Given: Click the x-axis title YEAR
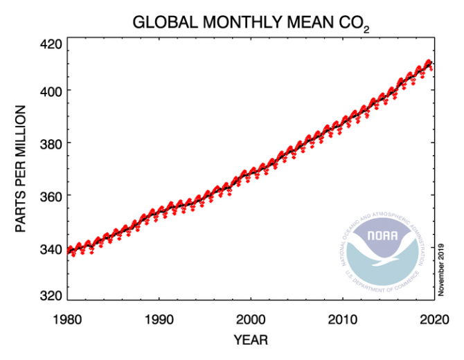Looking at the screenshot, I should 251,340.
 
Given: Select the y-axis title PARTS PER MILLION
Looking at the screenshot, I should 21,169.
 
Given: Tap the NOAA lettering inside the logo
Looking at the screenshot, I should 383,233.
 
